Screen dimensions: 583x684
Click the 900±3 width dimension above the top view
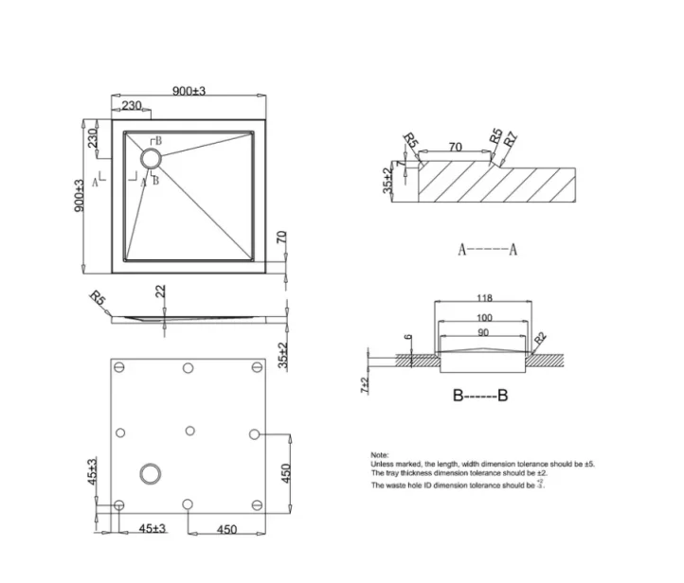189,90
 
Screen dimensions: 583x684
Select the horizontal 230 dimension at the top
133,105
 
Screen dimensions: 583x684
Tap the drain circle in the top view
152,159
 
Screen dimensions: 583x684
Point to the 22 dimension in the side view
162,292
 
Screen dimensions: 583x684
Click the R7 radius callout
511,139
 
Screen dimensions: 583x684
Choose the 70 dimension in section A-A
455,147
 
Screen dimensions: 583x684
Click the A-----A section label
487,250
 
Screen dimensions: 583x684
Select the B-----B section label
480,396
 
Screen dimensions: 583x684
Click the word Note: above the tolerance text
380,455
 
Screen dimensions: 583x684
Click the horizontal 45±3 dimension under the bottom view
153,529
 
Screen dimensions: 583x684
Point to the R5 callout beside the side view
97,301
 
